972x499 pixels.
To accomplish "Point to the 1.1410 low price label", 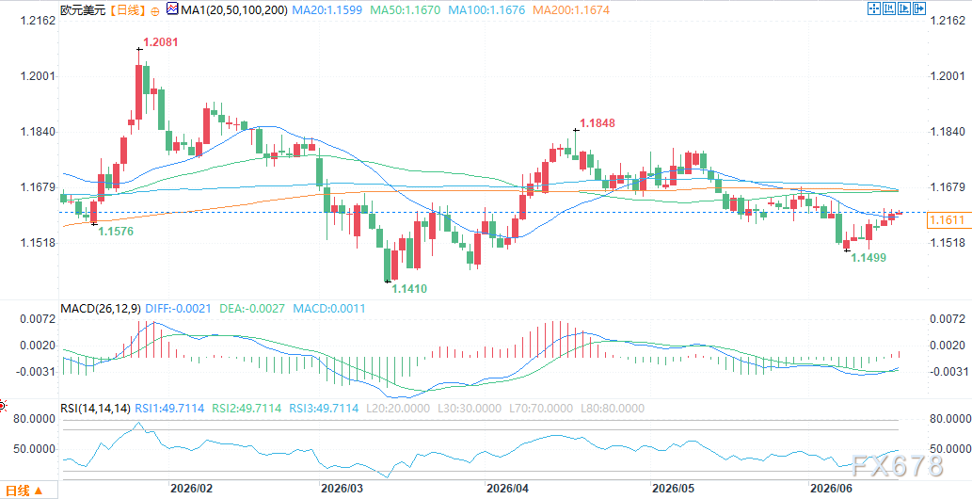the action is click(x=409, y=289).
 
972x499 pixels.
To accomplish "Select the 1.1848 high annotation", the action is click(x=598, y=123).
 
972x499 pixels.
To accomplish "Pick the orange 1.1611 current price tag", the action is click(x=948, y=219).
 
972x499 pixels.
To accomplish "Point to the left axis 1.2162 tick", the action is click(x=38, y=21).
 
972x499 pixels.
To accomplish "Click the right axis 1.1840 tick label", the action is click(x=948, y=132).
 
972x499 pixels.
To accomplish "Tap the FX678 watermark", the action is click(x=897, y=465).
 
